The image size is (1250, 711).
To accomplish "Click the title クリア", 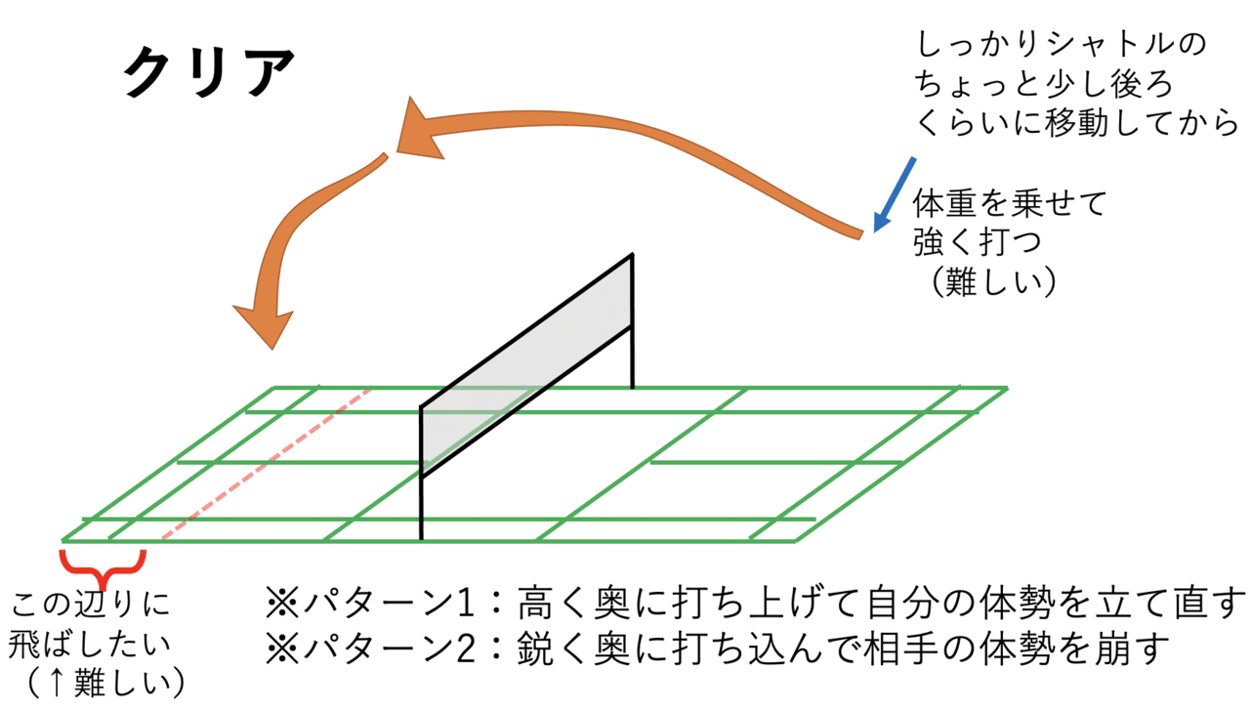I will click(x=209, y=72).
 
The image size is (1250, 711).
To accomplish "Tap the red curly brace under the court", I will click(x=103, y=564).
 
